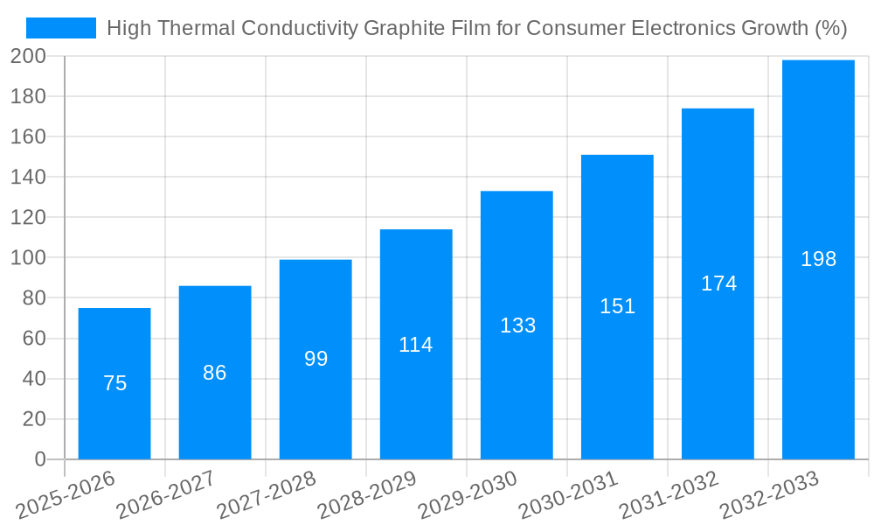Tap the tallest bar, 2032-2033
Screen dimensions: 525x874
click(818, 350)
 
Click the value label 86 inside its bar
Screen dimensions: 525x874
click(215, 373)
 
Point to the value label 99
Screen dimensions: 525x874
click(316, 359)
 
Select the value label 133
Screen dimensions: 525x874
click(517, 325)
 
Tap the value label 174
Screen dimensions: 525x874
click(718, 283)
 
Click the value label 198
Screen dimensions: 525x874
click(818, 259)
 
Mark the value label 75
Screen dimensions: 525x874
click(114, 383)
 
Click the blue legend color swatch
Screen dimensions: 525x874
click(61, 29)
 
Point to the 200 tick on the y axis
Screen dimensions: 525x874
click(28, 56)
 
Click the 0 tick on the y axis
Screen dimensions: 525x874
click(39, 459)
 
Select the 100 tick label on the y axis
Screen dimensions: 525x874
click(28, 258)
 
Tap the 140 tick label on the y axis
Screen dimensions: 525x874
click(28, 177)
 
